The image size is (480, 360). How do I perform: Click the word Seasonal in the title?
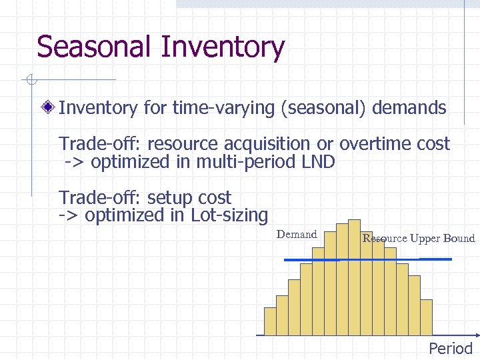(95, 47)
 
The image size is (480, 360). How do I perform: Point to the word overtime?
(375, 144)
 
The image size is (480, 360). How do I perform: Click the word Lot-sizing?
(229, 215)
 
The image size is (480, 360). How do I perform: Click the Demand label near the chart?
(297, 234)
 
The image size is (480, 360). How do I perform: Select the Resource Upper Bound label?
(419, 238)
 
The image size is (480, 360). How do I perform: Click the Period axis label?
(451, 348)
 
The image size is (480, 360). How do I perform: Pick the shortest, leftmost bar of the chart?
(270, 321)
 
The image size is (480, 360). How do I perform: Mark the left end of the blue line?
(286, 259)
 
